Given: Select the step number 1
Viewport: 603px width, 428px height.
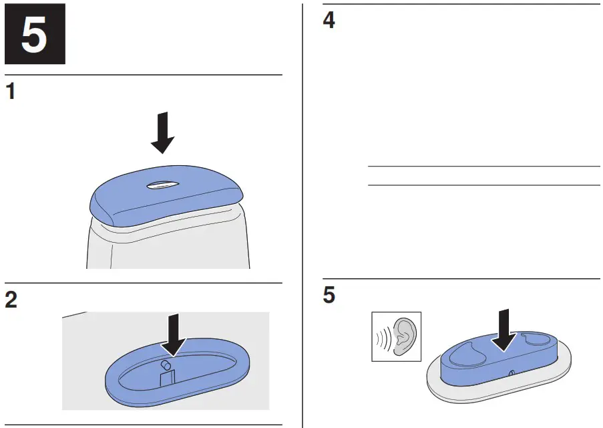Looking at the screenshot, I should [11, 92].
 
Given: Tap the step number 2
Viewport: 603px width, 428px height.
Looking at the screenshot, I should [11, 300].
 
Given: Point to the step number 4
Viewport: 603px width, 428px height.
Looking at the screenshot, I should [329, 21].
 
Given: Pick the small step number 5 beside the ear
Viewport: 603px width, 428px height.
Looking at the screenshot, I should [329, 296].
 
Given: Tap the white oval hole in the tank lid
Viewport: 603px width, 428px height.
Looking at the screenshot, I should [163, 185].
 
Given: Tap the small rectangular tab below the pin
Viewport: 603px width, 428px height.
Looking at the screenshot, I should [167, 378].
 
